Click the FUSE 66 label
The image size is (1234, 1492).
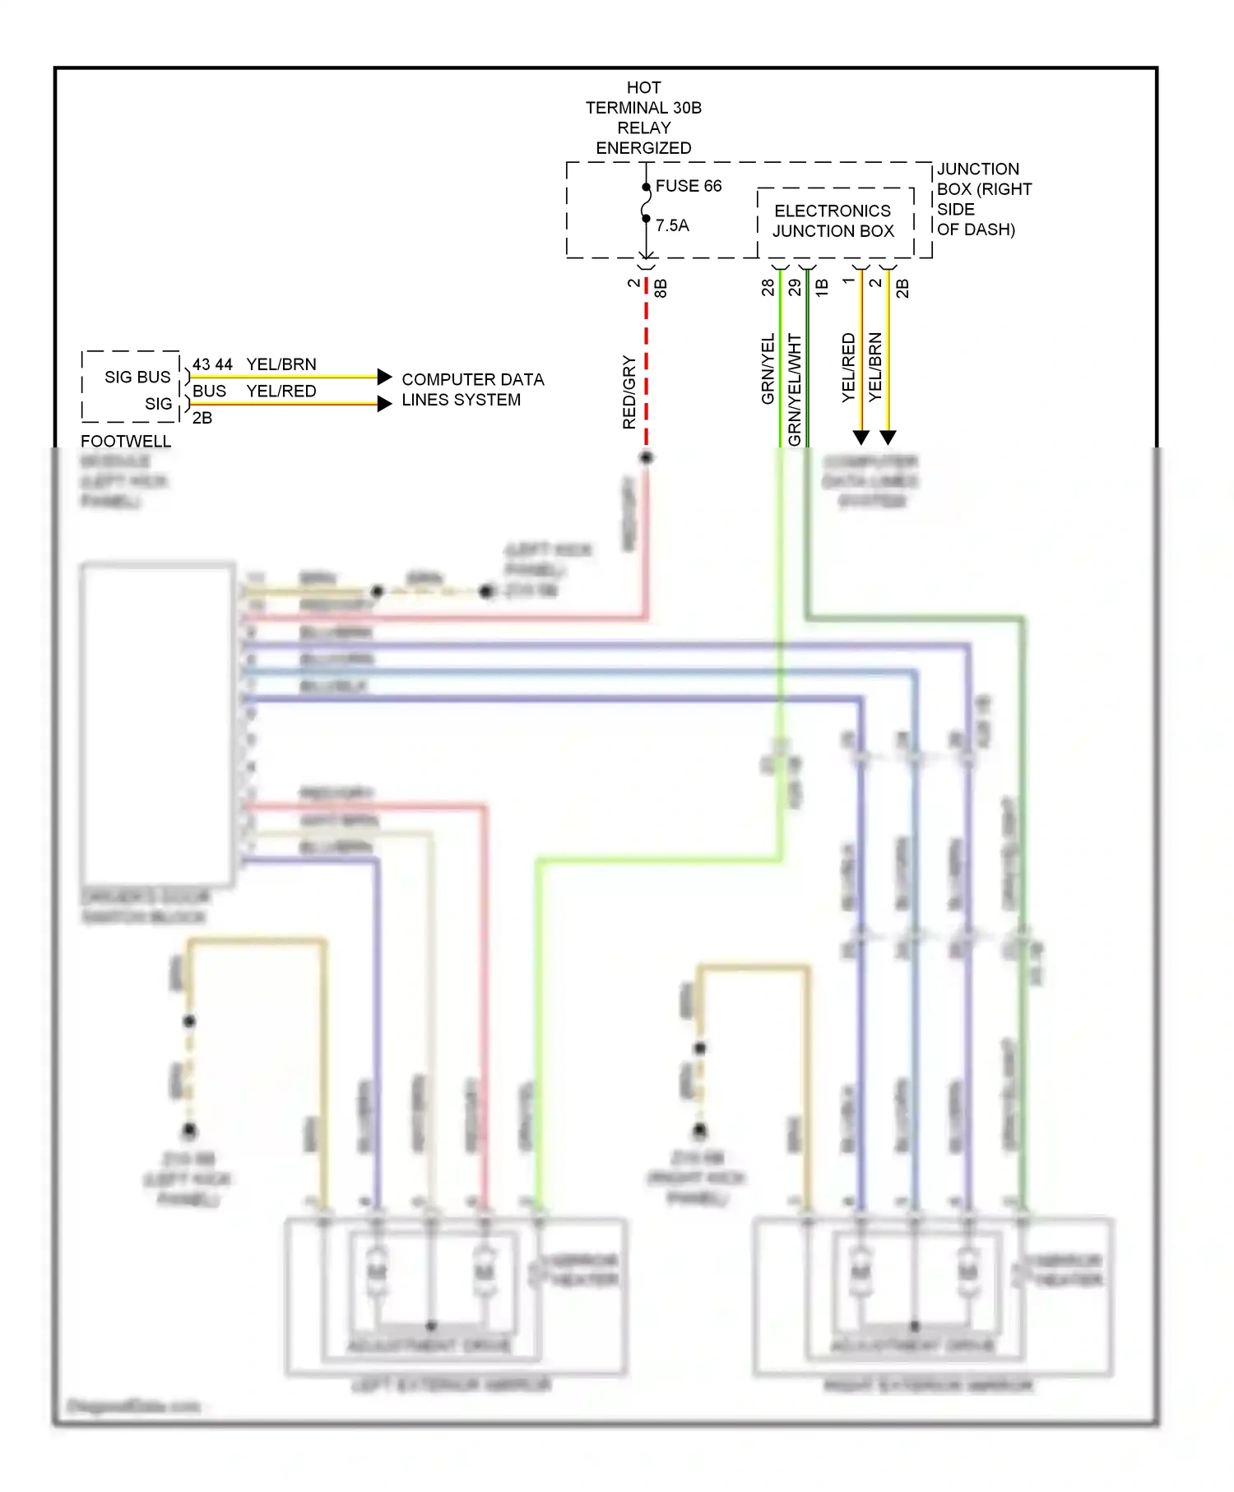[688, 186]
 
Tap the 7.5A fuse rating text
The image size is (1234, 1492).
[672, 225]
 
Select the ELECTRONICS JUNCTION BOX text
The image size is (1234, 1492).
[833, 221]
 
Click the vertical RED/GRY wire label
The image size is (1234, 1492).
[629, 392]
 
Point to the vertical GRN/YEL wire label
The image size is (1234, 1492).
[768, 368]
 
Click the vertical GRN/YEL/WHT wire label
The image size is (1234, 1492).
[794, 389]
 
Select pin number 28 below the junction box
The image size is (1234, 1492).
[768, 287]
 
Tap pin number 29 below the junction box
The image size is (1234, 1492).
[794, 287]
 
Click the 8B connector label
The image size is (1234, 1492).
[661, 288]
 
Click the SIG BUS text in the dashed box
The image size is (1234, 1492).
[137, 377]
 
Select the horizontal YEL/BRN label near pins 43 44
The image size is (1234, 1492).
[281, 364]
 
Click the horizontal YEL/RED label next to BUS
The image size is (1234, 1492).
[281, 391]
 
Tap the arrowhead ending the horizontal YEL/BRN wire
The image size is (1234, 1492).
[384, 377]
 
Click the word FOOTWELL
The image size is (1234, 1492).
[126, 442]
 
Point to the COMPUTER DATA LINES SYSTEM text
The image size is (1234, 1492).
[472, 390]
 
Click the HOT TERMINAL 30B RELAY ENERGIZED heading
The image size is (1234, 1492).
[643, 118]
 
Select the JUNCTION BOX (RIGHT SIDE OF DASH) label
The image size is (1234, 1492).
[982, 199]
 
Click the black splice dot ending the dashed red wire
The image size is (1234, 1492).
[647, 457]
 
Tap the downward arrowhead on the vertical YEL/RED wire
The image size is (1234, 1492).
[861, 437]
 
